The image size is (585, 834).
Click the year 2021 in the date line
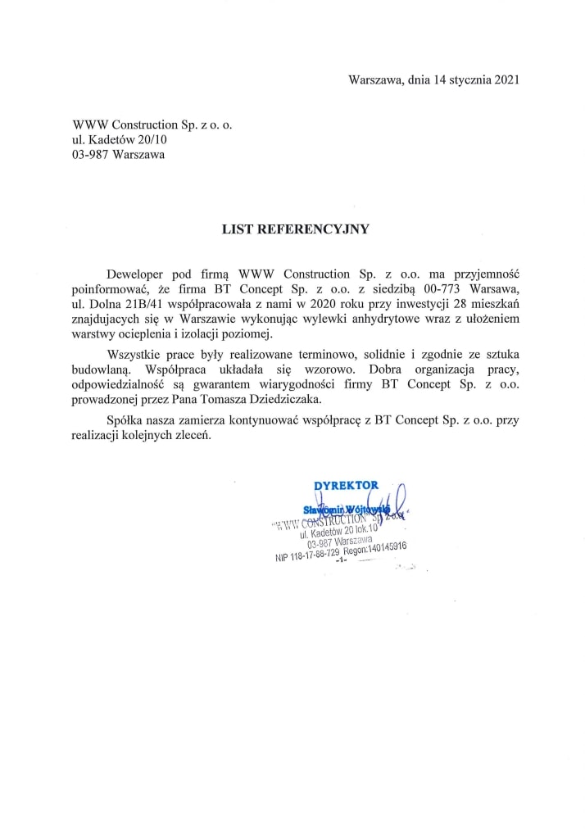point(505,79)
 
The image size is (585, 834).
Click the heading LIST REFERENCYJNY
point(296,230)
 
